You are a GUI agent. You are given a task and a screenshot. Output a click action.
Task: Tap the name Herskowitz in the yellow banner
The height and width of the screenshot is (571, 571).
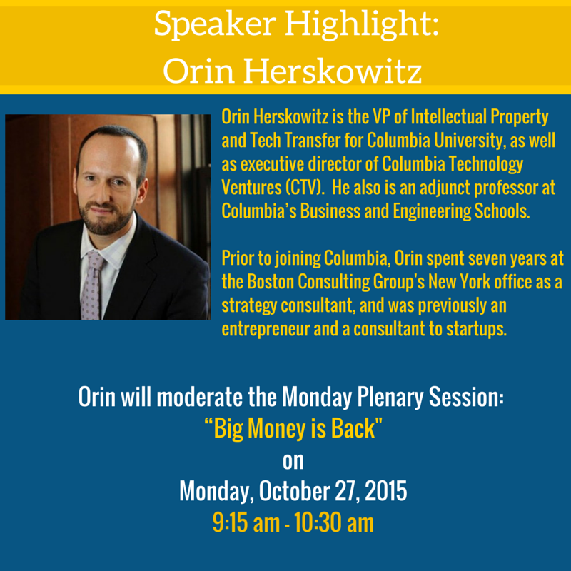(333, 70)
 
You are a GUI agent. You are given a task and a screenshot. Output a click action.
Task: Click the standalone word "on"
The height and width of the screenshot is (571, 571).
(293, 461)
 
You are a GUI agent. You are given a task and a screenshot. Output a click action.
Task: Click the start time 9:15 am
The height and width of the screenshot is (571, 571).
(246, 523)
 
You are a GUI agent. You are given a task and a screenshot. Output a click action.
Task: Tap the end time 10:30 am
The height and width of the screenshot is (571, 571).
(334, 523)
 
